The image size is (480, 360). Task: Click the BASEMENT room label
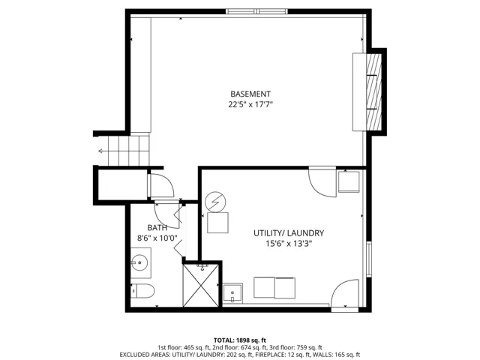coord(250,94)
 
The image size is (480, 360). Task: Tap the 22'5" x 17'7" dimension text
coord(250,105)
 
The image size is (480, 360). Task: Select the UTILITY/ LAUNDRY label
coord(289,233)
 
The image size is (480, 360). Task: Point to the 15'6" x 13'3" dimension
coord(289,244)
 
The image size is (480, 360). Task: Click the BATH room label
coord(157,228)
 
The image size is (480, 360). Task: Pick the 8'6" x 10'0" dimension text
coord(157,238)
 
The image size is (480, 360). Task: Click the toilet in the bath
coord(142,291)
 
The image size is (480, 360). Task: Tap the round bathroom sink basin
coord(139,262)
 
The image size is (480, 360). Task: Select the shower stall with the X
coord(201,286)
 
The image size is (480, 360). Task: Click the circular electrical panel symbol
coord(215,202)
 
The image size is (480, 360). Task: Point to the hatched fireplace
coord(373,92)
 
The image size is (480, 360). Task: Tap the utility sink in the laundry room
coord(232,293)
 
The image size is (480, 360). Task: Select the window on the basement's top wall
coord(256,12)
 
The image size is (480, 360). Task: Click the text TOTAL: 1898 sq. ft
coord(240,340)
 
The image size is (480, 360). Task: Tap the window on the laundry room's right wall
coord(369,259)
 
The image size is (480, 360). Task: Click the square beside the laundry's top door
coord(349,181)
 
